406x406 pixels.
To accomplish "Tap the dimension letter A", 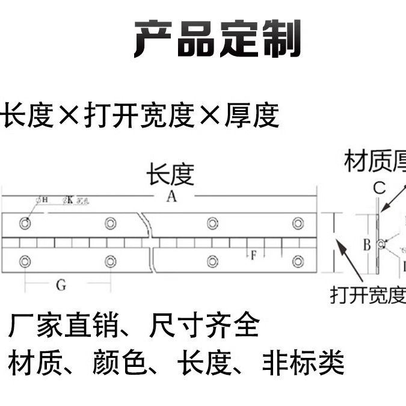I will point(171,197).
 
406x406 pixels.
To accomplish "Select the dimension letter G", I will point(61,285).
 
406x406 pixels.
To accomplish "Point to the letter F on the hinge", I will point(253,254).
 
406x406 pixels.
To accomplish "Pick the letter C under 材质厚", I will point(378,188).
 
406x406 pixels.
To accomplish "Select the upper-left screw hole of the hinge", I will point(25,223).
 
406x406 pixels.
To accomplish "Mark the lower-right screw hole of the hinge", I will point(298,261).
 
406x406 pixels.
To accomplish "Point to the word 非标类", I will point(303,363).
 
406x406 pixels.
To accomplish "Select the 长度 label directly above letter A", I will point(170,175).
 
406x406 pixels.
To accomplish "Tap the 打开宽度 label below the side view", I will point(368,295).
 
